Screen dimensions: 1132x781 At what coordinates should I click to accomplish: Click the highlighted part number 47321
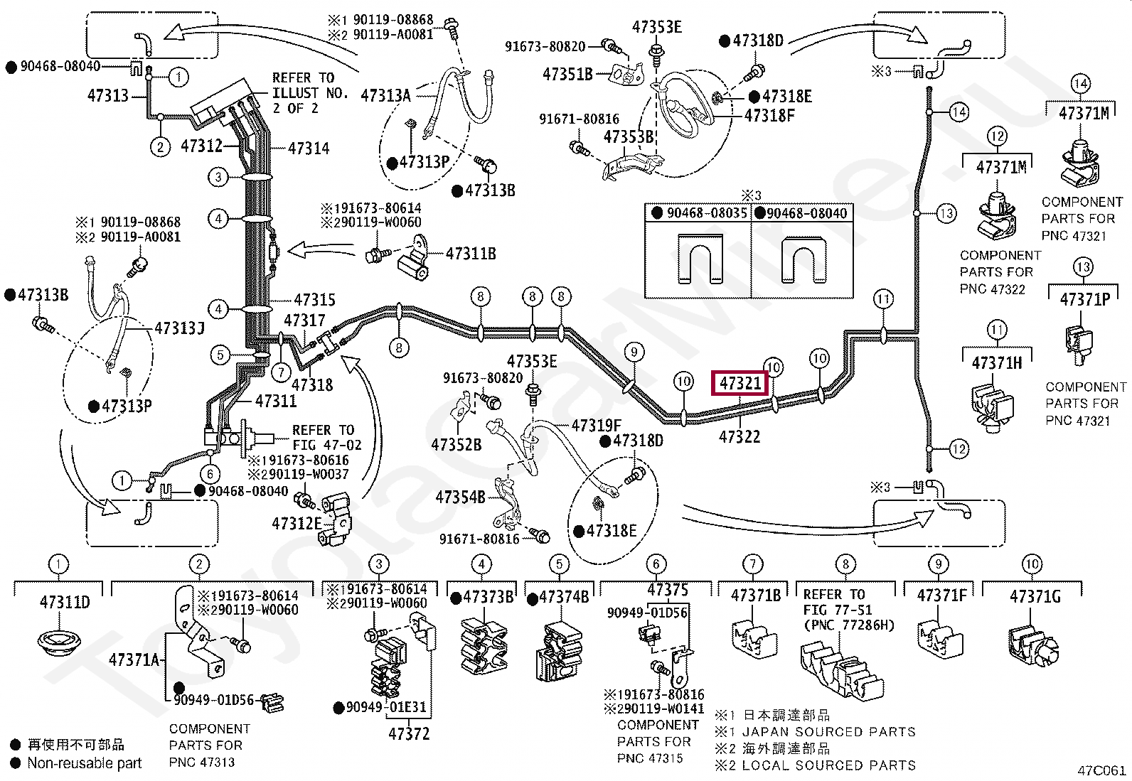(739, 384)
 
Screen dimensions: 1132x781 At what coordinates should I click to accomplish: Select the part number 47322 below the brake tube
(739, 436)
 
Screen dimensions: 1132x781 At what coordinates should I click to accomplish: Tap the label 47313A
(385, 95)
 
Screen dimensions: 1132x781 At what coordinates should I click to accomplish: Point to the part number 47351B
(567, 74)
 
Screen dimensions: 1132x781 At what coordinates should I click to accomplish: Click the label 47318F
(769, 116)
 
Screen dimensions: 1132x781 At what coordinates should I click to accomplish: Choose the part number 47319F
(597, 426)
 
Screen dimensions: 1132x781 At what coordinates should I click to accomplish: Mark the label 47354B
(460, 497)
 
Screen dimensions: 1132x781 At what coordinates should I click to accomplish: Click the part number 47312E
(297, 523)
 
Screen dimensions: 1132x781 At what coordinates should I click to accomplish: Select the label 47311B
(471, 253)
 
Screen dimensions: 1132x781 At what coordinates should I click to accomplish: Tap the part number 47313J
(179, 328)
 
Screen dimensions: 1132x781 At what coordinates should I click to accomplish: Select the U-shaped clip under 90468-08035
(699, 259)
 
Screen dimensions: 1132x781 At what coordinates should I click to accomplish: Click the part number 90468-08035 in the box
(707, 212)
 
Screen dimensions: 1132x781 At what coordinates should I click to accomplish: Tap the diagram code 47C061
(1101, 770)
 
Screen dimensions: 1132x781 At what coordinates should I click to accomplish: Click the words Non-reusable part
(85, 763)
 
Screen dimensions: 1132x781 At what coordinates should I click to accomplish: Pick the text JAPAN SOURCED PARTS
(829, 731)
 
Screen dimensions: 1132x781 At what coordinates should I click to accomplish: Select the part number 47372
(409, 733)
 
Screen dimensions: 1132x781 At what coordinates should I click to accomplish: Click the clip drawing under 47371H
(992, 407)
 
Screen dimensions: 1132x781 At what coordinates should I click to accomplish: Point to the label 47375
(668, 590)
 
